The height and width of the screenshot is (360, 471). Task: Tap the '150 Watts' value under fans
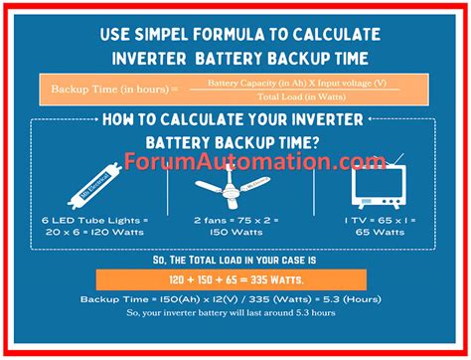coord(235,232)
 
